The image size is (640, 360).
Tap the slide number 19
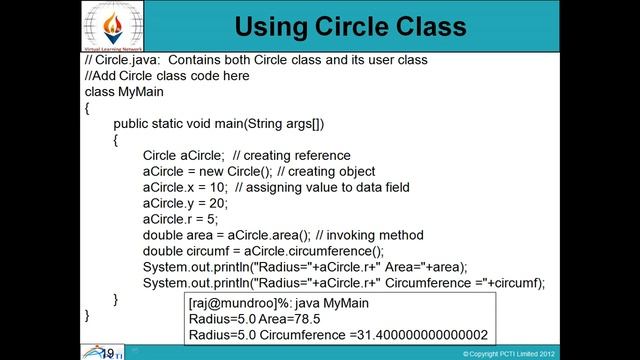(107, 353)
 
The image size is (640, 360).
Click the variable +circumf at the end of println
(515, 283)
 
